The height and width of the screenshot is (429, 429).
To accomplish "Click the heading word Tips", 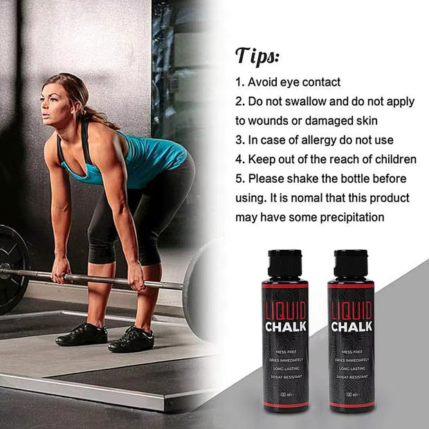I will (x=259, y=55).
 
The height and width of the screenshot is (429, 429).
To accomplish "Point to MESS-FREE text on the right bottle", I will (x=351, y=352).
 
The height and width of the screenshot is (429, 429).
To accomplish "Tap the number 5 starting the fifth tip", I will (x=239, y=179).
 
